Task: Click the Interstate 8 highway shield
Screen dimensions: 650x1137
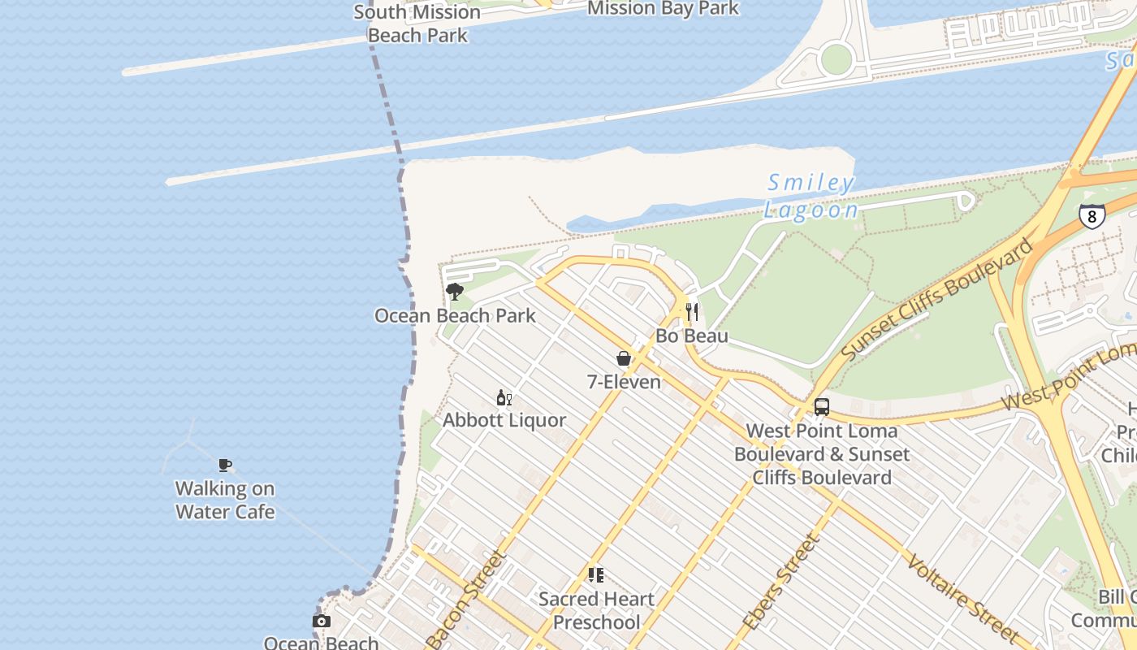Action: pos(1092,216)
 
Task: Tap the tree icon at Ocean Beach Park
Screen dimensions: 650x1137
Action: pos(455,291)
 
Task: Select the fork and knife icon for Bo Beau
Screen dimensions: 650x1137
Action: pos(692,311)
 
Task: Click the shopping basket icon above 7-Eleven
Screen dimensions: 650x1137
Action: pos(624,358)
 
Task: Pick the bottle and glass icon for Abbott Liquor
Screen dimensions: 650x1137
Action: pos(504,397)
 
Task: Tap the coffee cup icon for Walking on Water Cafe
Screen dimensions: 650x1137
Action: pos(225,465)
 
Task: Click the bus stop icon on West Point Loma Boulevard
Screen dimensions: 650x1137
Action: pos(822,406)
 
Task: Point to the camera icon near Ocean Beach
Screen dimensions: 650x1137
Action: pos(322,622)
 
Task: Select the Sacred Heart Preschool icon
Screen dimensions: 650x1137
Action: pos(596,575)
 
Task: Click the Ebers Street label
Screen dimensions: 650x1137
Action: pos(779,580)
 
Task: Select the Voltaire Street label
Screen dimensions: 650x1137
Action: pos(963,599)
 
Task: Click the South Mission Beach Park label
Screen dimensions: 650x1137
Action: pos(417,24)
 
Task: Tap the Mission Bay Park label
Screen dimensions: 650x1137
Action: pos(663,8)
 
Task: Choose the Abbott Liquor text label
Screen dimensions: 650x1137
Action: pos(504,420)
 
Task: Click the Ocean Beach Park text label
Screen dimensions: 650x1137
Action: pos(455,315)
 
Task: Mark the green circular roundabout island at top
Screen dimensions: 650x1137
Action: pos(836,59)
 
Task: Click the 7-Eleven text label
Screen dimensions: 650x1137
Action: pos(624,381)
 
